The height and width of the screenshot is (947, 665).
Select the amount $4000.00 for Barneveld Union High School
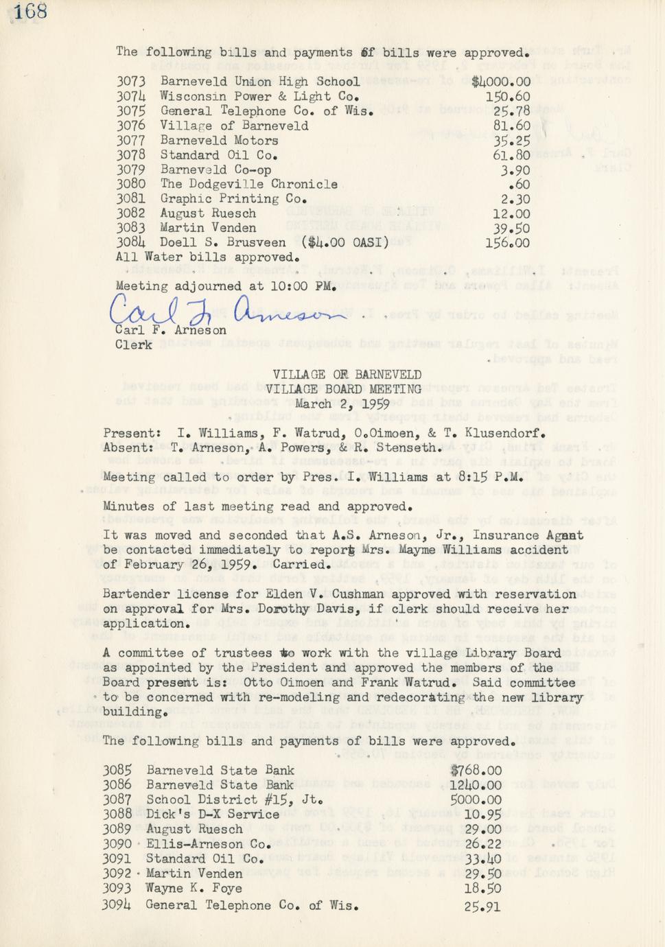tap(501, 82)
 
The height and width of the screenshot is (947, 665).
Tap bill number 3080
tap(130, 184)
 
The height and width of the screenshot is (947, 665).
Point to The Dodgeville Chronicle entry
tap(248, 184)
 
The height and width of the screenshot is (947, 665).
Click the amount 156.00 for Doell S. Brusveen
tap(507, 243)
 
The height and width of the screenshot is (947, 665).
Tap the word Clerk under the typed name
tap(133, 344)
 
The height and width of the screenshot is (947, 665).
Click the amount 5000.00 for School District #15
tap(475, 799)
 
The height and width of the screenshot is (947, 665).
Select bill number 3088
tap(117, 815)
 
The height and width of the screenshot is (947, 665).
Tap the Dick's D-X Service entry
tap(213, 815)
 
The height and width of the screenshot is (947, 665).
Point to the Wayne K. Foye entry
tap(194, 888)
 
